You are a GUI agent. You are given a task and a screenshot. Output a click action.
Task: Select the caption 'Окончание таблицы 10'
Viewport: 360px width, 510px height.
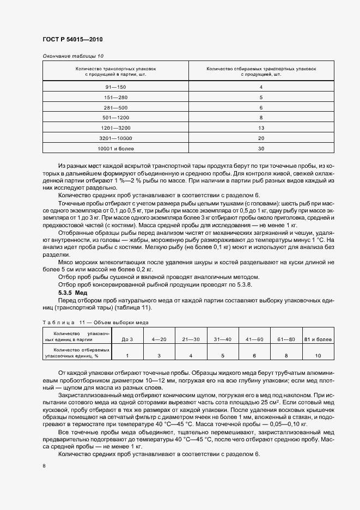pos(72,56)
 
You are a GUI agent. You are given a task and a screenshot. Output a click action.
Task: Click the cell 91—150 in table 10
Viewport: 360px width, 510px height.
pos(115,87)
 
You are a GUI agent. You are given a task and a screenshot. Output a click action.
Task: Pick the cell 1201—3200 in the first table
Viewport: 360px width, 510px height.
pos(115,127)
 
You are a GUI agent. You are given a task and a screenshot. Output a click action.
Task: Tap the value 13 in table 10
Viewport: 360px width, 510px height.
pos(261,127)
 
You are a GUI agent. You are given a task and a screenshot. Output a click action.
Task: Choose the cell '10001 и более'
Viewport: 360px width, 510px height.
pos(115,148)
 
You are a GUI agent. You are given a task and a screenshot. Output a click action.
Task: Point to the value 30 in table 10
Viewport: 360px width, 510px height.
pos(261,148)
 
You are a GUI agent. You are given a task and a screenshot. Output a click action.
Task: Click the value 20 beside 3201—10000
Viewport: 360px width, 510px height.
pos(261,137)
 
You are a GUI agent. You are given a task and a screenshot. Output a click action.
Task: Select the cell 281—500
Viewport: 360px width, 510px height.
pos(115,107)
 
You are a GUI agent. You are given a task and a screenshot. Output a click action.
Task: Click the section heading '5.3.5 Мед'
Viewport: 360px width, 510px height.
pos(72,293)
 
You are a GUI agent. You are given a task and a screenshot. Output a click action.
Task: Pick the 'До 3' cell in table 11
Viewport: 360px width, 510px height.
pos(127,339)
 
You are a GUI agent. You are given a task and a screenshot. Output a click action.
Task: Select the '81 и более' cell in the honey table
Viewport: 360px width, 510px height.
pos(318,339)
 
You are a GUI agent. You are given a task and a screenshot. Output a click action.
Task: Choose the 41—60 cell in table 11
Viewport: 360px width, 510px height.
pos(254,339)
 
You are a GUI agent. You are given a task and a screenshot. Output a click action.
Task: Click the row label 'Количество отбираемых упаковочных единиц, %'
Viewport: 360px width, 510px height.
pos(77,353)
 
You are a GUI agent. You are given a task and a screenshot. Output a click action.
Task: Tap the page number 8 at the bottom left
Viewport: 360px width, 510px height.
pos(44,465)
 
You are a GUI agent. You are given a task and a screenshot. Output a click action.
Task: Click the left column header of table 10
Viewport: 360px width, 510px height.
pos(115,72)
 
